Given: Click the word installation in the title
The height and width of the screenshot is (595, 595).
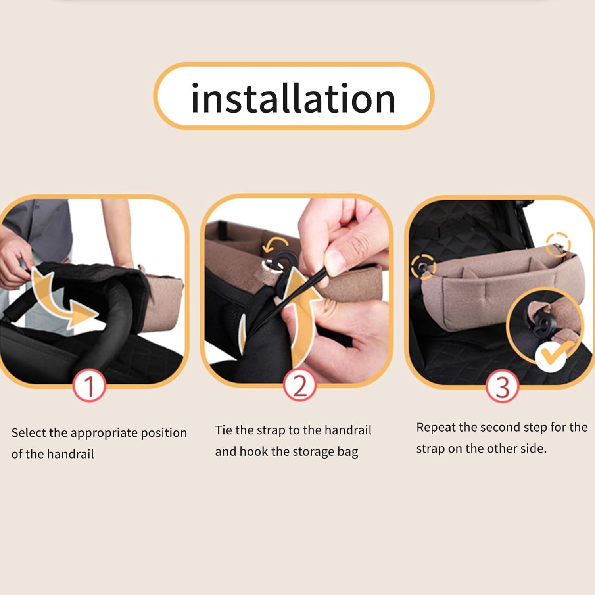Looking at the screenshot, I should pos(294,98).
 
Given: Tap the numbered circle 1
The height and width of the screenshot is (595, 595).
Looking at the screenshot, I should pos(89,386).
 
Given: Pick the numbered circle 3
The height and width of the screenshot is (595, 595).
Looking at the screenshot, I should pos(502,387).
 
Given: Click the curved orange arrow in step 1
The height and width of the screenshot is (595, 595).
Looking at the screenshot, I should pos(59,297).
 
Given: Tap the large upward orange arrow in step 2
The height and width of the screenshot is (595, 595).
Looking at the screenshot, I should pos(301,309).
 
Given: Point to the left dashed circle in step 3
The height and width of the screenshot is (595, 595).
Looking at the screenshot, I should pos(423,267).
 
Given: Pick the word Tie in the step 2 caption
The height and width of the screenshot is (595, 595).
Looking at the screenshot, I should pos(223,430).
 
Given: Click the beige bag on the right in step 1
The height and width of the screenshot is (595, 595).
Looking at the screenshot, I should pos(163,301).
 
